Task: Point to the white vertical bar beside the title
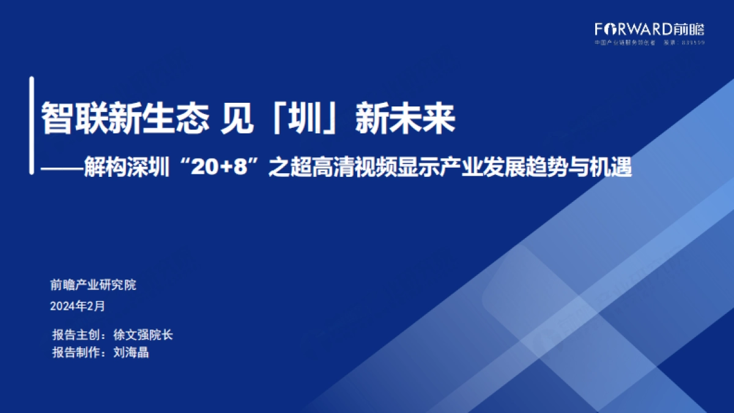pos(31,125)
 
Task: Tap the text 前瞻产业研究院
pos(93,285)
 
